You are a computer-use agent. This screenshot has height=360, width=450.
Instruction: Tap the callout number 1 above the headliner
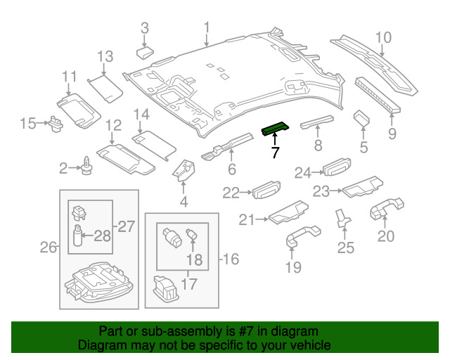(x=207, y=28)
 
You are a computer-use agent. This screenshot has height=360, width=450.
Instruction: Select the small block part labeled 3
(x=147, y=51)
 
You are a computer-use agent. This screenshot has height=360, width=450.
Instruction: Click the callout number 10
(x=382, y=38)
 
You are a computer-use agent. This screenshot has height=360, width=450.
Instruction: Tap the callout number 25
(x=346, y=247)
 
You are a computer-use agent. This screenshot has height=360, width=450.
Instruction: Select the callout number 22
(x=231, y=192)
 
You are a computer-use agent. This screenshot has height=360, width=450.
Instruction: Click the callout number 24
(x=303, y=172)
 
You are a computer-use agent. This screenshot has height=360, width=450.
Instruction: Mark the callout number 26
(x=48, y=247)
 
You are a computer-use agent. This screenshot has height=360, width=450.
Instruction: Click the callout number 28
(x=103, y=235)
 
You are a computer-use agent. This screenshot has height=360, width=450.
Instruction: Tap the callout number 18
(x=194, y=259)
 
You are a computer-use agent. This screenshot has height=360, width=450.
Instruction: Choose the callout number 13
(x=105, y=56)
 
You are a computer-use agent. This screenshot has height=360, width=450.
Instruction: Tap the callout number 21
(x=245, y=220)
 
